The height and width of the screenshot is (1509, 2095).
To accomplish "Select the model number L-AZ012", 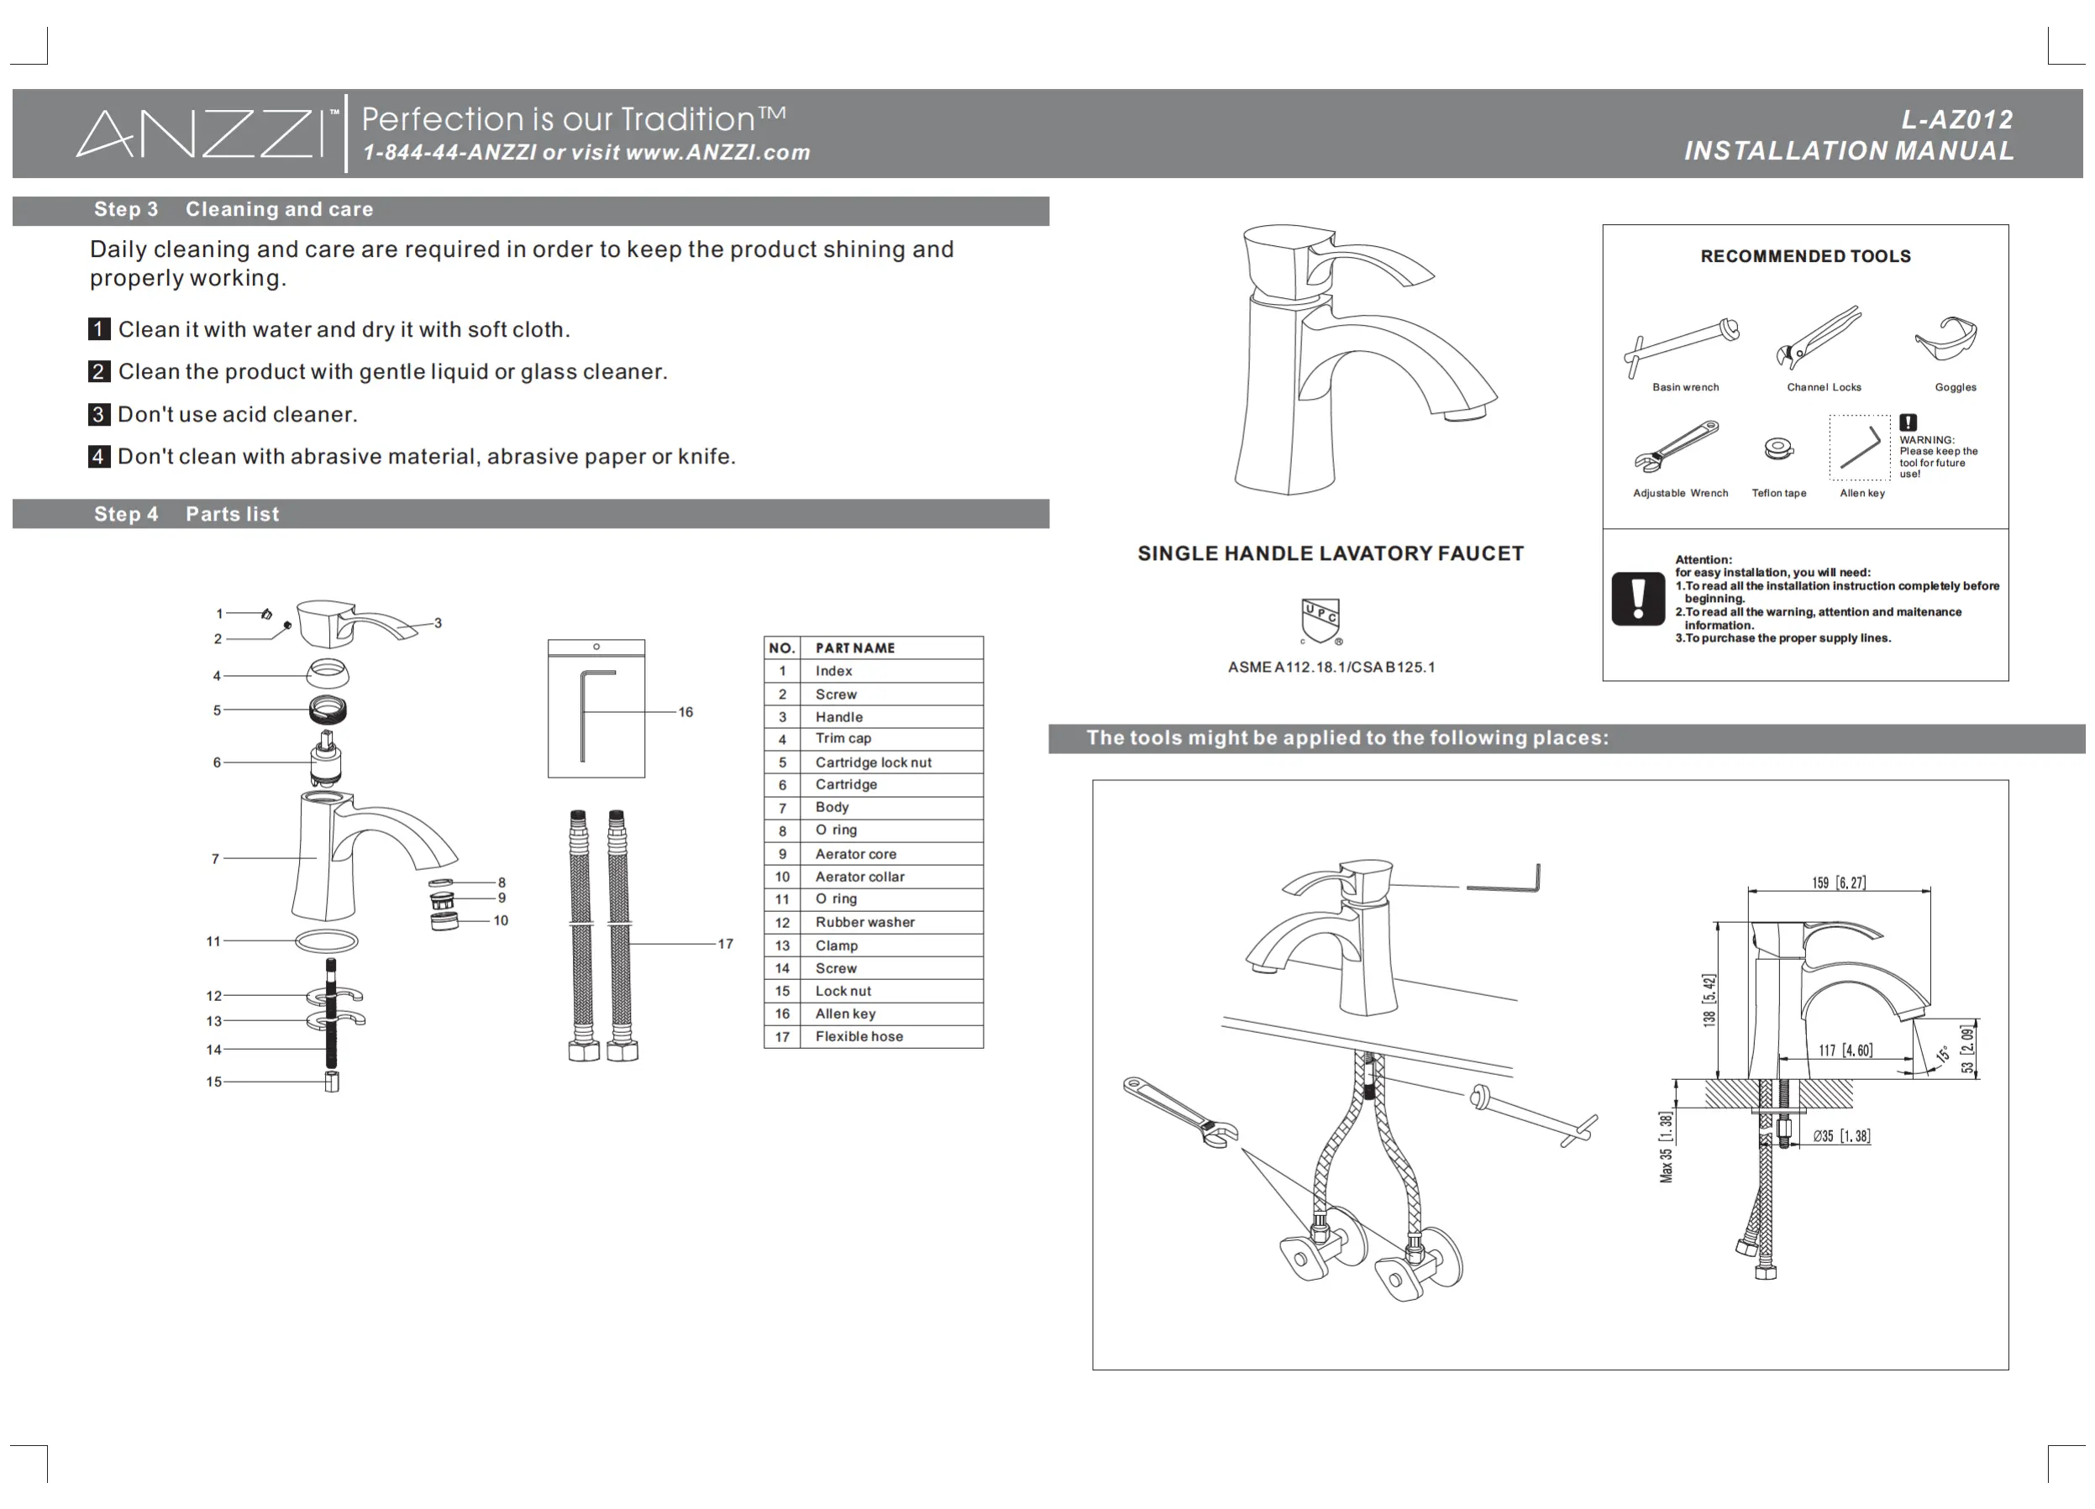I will click(x=1956, y=120).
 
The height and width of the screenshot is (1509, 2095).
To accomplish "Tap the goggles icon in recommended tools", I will click(x=1946, y=338).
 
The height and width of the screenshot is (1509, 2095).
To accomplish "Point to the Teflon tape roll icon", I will click(x=1778, y=448).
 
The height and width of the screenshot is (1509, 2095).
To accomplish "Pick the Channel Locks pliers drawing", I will click(x=1818, y=337).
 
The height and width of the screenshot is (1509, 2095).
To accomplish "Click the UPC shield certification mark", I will click(x=1320, y=620).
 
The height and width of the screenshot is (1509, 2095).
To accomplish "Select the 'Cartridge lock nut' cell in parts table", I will click(x=873, y=762).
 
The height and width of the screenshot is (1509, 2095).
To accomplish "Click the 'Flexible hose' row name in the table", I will click(x=859, y=1037).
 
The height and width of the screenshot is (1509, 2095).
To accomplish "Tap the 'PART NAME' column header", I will click(x=854, y=648).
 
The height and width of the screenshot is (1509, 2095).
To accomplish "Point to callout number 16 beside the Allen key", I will click(x=685, y=712).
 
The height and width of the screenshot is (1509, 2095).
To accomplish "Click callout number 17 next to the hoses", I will click(x=725, y=944).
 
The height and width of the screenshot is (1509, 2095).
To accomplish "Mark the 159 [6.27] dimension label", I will click(x=1838, y=883).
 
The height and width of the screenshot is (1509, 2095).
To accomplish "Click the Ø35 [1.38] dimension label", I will click(x=1841, y=1137).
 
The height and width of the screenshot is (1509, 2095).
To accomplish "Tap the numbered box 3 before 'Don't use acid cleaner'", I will click(x=99, y=415).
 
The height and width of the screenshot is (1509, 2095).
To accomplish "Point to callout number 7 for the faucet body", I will click(x=215, y=859).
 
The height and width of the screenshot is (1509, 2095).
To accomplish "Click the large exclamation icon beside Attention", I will click(x=1638, y=600).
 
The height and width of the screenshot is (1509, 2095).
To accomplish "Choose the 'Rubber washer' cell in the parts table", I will click(x=864, y=923).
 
